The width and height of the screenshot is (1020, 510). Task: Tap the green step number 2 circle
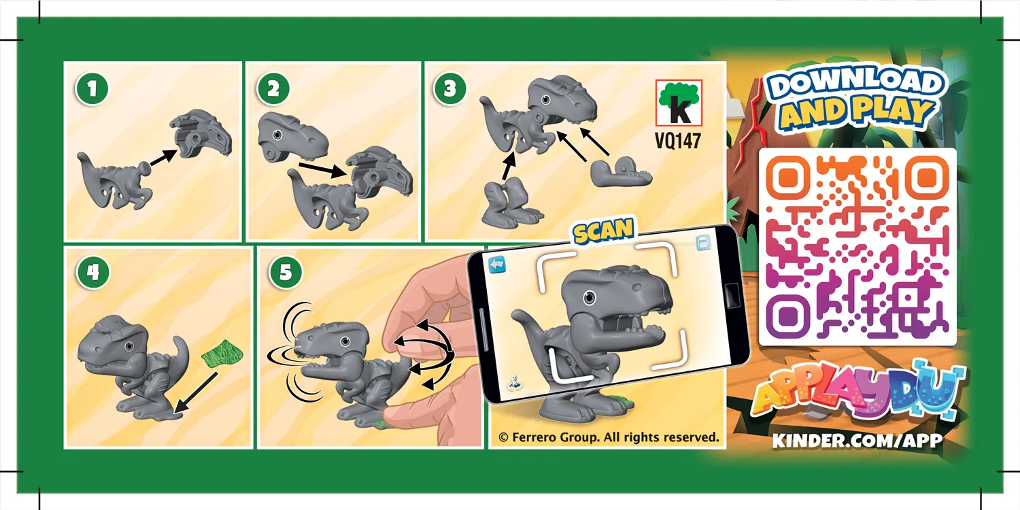coord(273,88)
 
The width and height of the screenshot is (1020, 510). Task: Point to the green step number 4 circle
coord(93,273)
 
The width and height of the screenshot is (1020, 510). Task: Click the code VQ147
coord(678,139)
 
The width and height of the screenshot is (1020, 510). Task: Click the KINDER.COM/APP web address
coord(857,440)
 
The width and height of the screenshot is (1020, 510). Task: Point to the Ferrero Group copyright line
coord(609,437)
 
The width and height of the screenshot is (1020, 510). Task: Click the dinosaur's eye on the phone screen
coord(588,297)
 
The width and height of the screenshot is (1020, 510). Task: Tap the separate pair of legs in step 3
coord(509,202)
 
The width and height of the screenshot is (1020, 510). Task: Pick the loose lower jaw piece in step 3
coord(619,173)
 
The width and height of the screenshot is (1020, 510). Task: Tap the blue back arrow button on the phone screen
coord(498,263)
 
